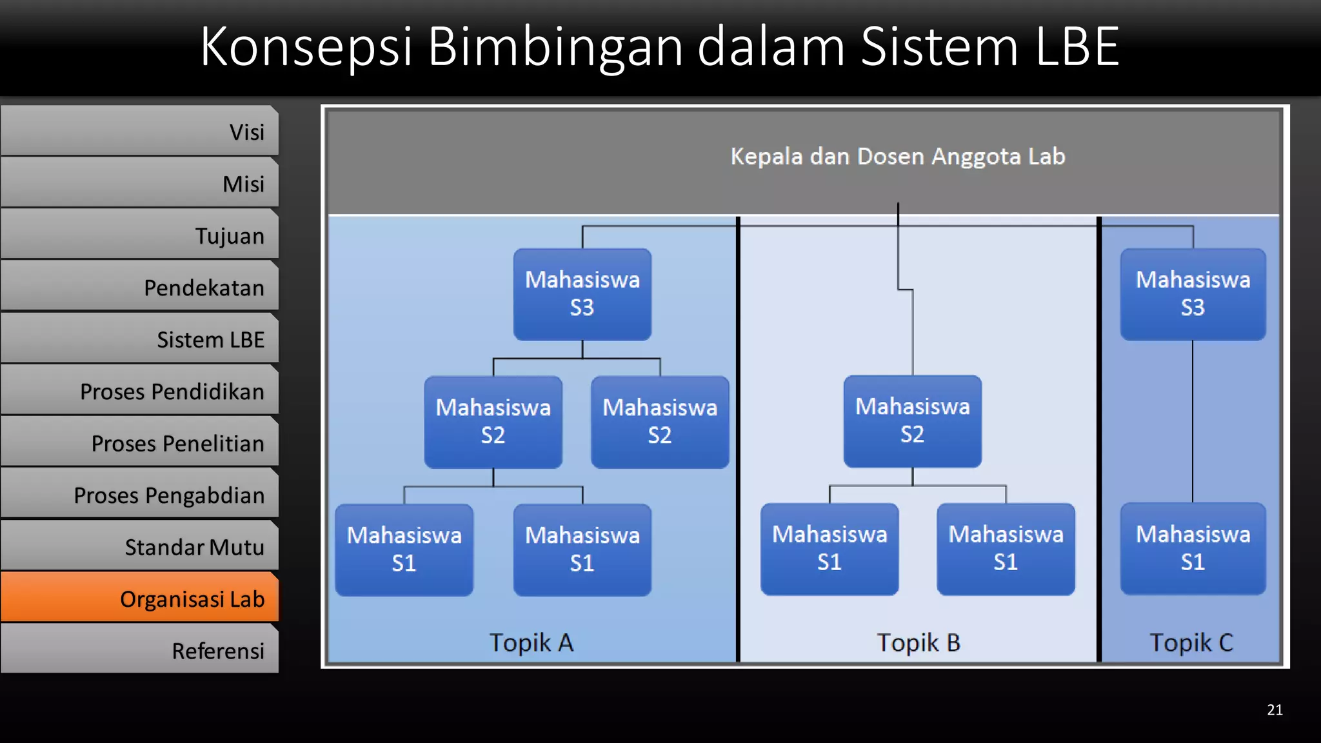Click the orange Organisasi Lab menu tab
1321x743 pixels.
point(140,598)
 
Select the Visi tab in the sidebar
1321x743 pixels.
point(140,132)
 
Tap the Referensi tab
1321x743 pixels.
point(140,650)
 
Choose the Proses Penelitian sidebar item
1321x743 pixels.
point(140,442)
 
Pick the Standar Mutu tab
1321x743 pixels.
point(140,546)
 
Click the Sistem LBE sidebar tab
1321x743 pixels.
point(140,339)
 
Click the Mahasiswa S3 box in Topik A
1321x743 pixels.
point(582,294)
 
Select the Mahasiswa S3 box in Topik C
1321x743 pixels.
point(1193,294)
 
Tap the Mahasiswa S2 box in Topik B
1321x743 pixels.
point(912,421)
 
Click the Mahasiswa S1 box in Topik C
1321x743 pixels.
point(1193,548)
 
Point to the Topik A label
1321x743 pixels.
point(531,642)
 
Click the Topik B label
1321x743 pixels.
point(918,642)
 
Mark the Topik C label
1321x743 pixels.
point(1191,642)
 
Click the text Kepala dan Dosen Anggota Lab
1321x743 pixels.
point(897,157)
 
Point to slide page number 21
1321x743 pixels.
point(1275,710)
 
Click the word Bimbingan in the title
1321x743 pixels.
point(555,46)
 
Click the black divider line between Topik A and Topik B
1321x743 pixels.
point(738,439)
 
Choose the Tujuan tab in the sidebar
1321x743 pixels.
point(140,235)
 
